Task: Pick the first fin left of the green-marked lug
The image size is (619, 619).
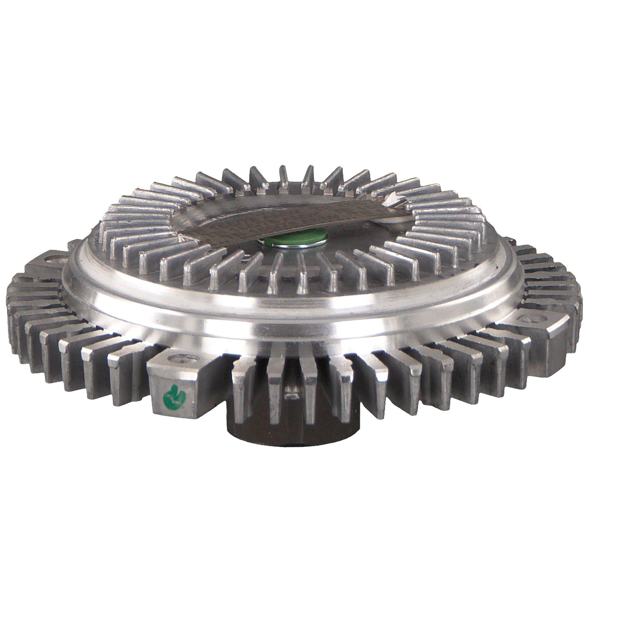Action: click(124, 371)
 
